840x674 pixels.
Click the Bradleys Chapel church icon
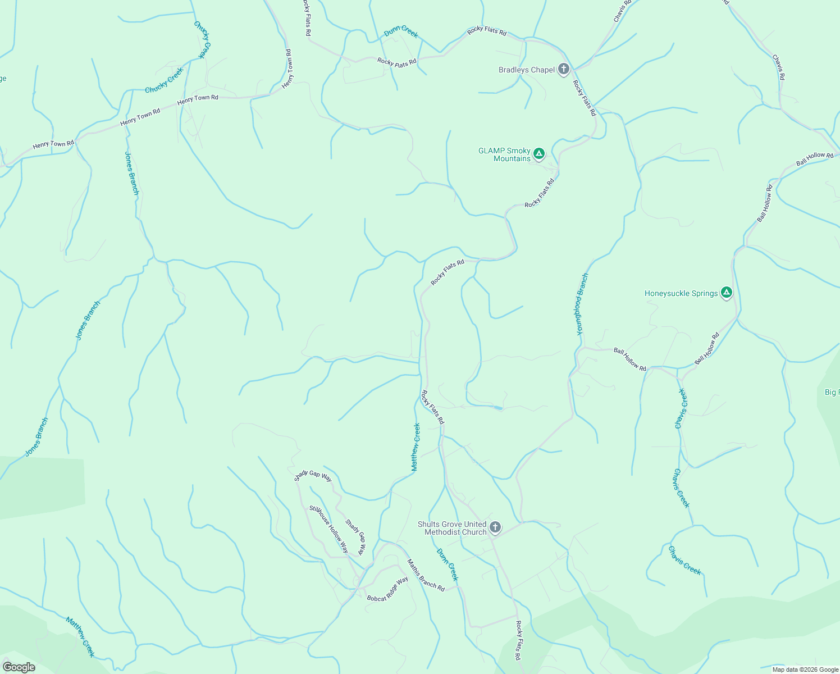click(564, 70)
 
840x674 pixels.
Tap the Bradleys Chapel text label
click(527, 70)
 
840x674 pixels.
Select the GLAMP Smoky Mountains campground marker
click(539, 153)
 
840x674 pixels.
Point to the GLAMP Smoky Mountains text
click(504, 154)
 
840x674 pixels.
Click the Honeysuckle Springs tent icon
click(727, 293)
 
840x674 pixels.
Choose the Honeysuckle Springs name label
click(681, 293)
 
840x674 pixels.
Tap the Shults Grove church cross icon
click(495, 527)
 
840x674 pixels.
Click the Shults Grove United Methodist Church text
click(452, 529)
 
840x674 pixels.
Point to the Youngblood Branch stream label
click(582, 304)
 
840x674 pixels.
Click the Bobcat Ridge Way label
click(387, 590)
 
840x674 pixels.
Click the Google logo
click(19, 667)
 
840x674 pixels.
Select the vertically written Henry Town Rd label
click(288, 69)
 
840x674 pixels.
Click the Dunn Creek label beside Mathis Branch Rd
click(448, 564)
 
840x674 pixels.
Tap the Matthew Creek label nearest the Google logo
click(80, 636)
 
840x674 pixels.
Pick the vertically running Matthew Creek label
click(416, 447)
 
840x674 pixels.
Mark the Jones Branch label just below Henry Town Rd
click(131, 173)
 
